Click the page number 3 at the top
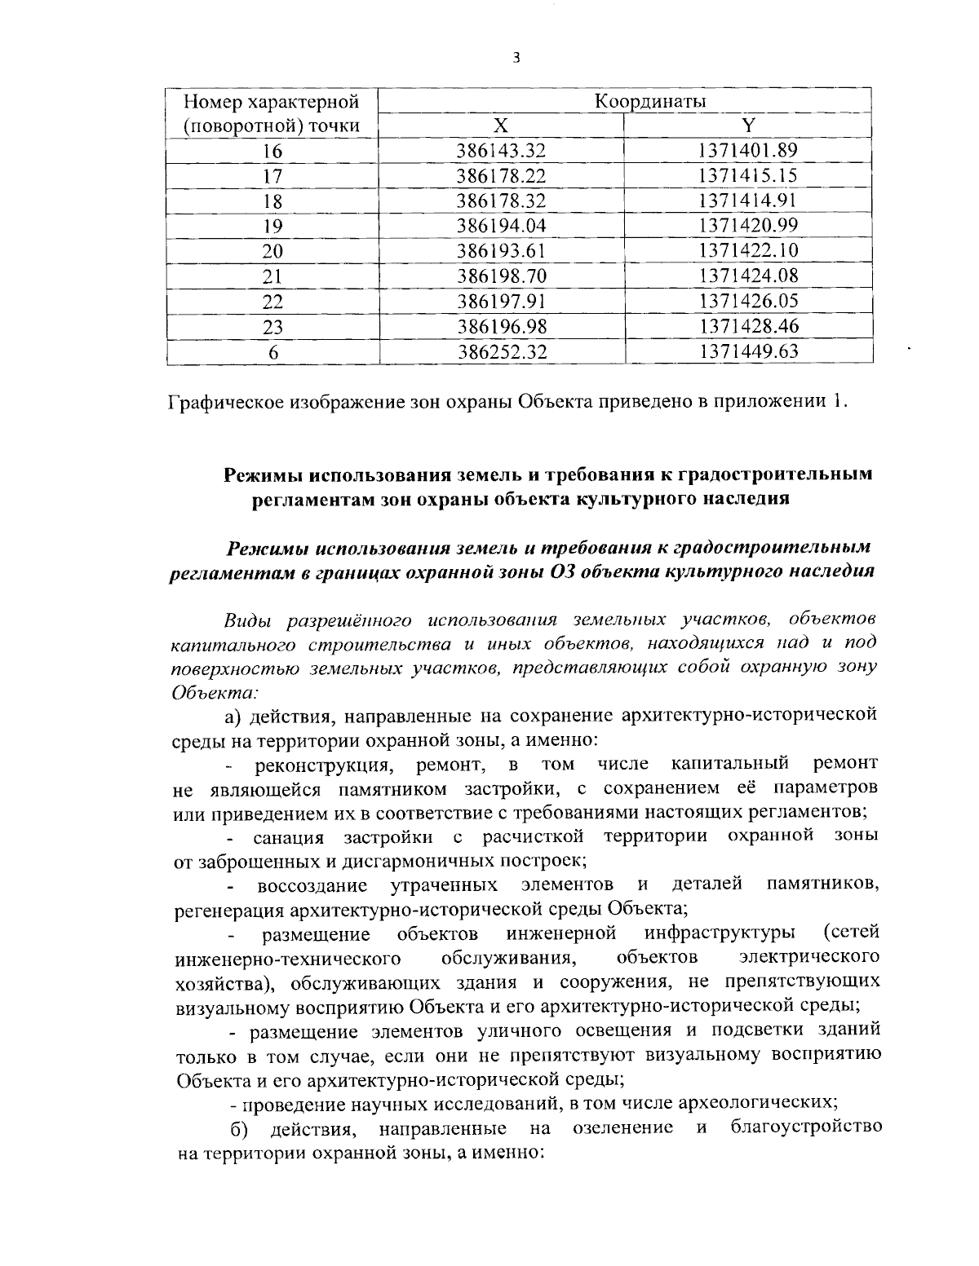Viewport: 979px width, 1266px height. coord(515,58)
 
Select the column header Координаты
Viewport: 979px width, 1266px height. coord(649,101)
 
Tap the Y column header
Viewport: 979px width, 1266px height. coord(747,126)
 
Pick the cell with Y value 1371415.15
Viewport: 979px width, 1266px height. coord(747,176)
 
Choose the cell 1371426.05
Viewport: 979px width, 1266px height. coord(747,302)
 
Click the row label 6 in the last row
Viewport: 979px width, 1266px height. coord(272,352)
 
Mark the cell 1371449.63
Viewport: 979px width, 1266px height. coord(747,352)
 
